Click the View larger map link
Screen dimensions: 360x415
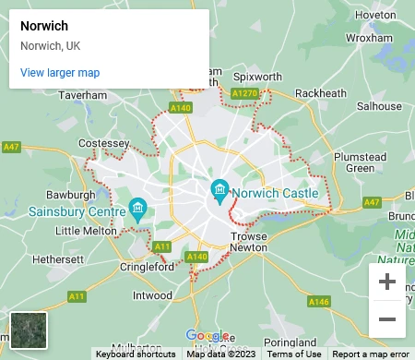pos(59,73)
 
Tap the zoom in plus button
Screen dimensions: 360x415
pos(387,282)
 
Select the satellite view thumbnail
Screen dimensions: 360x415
pos(28,330)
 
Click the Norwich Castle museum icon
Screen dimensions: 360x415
pos(219,192)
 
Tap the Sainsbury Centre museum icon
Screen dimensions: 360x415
pos(137,208)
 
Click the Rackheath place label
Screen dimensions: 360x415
pos(322,93)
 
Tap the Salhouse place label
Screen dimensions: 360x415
pos(380,106)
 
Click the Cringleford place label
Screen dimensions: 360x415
pos(147,267)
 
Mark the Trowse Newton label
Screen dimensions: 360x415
pos(248,243)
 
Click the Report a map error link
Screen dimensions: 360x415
pos(370,354)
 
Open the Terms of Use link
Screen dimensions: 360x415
pos(294,354)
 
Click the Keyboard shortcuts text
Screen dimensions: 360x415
pos(136,354)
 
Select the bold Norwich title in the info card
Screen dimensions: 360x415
pos(44,26)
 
